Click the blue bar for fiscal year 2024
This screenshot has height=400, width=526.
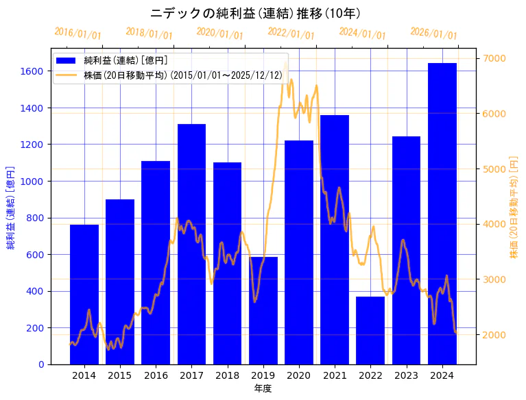click(442, 213)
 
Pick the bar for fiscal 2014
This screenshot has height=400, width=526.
click(84, 294)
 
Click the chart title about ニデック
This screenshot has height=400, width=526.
click(255, 13)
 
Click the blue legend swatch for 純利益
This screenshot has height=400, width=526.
click(68, 60)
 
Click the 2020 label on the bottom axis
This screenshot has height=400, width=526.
click(299, 375)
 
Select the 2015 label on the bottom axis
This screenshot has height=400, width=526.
click(120, 375)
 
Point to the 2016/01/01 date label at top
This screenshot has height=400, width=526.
click(77, 34)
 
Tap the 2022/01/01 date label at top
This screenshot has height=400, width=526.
click(291, 34)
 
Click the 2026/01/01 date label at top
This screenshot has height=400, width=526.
click(433, 34)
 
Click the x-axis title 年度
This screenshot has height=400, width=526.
click(263, 388)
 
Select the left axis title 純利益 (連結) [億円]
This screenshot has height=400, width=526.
click(11, 206)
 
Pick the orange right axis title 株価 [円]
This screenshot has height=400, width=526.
click(514, 206)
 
